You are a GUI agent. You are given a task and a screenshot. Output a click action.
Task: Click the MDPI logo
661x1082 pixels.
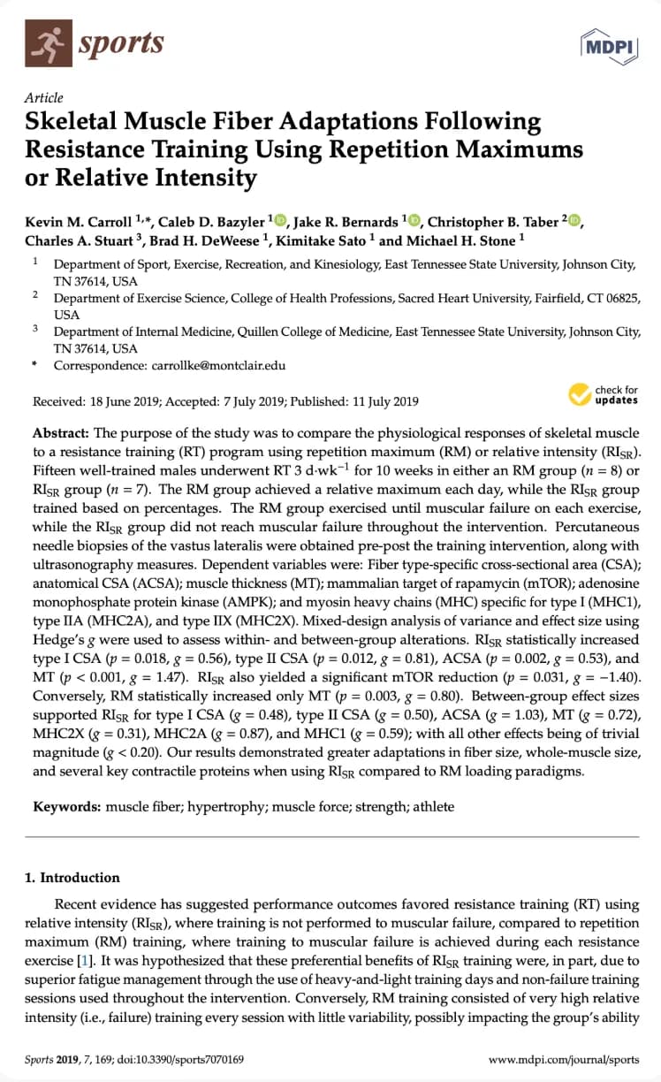(x=610, y=45)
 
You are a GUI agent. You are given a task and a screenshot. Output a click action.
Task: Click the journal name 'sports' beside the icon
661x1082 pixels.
(x=121, y=43)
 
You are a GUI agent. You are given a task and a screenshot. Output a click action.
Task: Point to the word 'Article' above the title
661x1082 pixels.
(x=43, y=98)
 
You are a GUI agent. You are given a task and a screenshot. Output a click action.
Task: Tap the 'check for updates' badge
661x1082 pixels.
(x=603, y=394)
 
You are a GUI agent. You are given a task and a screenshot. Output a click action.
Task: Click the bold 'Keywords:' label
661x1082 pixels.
(x=67, y=806)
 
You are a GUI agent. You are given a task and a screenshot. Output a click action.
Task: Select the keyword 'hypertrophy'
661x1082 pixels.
(x=218, y=806)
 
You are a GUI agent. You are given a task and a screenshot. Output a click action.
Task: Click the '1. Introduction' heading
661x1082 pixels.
(x=72, y=878)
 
